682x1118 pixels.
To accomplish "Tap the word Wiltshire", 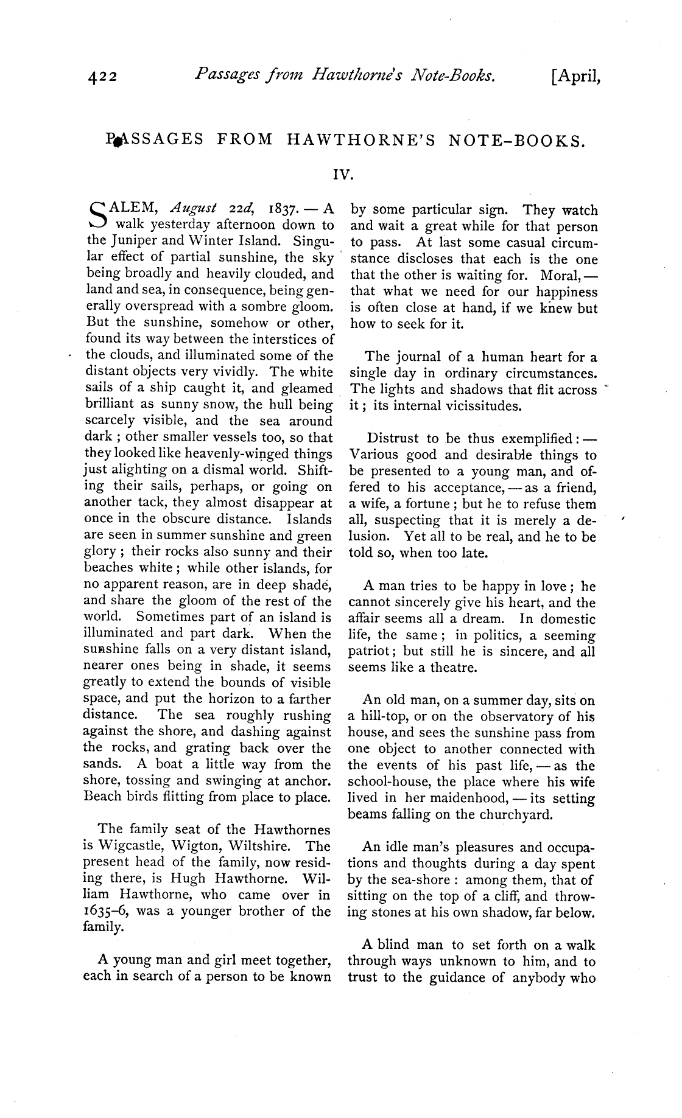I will [x=266, y=845].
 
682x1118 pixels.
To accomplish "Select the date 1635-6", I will [x=105, y=911].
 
